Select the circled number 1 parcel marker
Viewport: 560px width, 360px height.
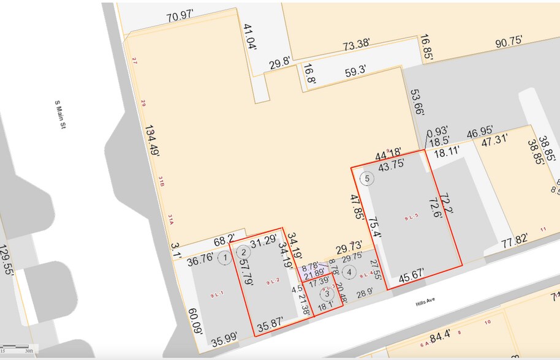point(225,258)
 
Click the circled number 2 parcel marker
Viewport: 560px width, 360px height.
point(244,251)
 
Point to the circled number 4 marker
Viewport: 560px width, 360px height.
point(349,271)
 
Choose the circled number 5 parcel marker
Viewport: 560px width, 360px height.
point(367,178)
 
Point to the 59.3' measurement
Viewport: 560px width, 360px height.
point(355,71)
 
